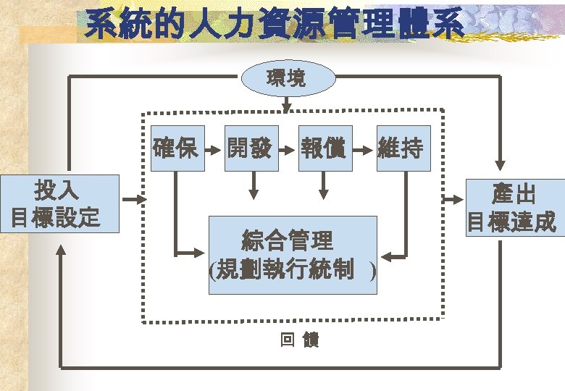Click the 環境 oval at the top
pyautogui.click(x=288, y=78)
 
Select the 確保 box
pyautogui.click(x=176, y=148)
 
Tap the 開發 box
pyautogui.click(x=250, y=148)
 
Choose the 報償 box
pyautogui.click(x=325, y=148)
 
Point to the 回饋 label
pyautogui.click(x=299, y=340)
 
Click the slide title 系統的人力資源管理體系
pyautogui.click(x=275, y=25)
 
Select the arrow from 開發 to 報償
pyautogui.click(x=288, y=150)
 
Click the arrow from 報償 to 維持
pyautogui.click(x=364, y=150)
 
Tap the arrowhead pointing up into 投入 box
pyautogui.click(x=61, y=251)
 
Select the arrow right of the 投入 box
pyautogui.click(x=135, y=199)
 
